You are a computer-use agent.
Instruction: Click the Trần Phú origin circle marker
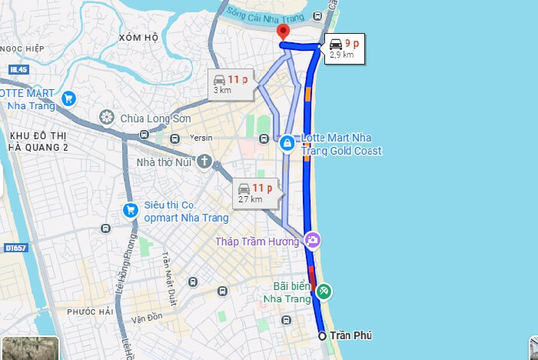(322, 336)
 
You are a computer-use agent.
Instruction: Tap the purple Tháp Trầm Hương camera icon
(312, 241)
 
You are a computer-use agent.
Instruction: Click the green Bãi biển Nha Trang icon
(324, 291)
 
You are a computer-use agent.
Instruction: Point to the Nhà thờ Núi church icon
(204, 162)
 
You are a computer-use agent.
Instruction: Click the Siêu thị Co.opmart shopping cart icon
(130, 211)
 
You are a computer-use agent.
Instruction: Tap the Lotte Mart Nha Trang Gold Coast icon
(287, 143)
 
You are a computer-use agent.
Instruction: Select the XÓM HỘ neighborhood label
(138, 37)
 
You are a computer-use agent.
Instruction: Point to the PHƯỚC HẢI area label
(90, 312)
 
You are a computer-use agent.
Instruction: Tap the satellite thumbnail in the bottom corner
(29, 348)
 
